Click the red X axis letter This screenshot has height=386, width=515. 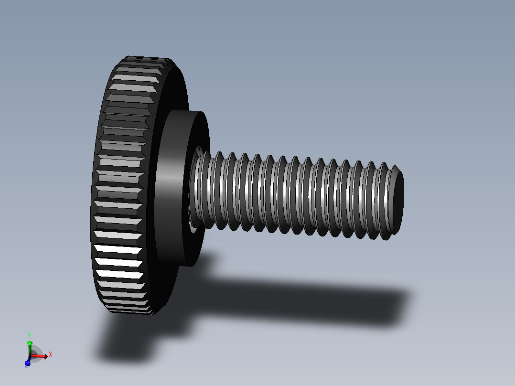click(x=51, y=354)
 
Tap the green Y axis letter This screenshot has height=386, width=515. click(x=30, y=336)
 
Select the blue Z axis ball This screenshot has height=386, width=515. click(x=27, y=364)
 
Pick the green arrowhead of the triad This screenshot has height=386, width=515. click(x=30, y=343)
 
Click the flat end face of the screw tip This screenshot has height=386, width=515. click(x=397, y=201)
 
